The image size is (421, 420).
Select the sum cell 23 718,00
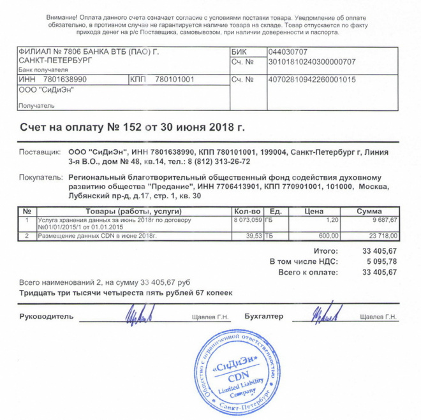coord(380,236)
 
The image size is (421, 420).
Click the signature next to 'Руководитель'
coord(140,314)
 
